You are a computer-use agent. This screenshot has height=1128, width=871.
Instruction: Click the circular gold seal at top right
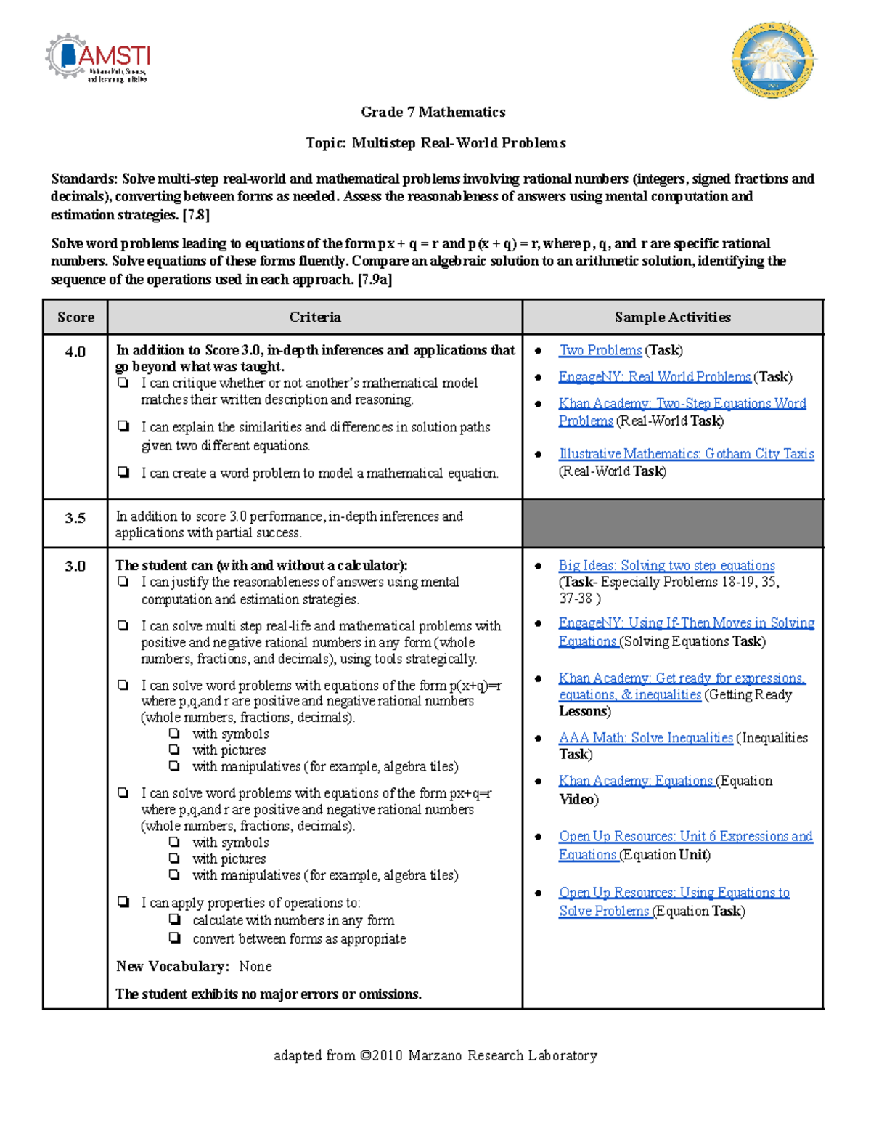pos(772,60)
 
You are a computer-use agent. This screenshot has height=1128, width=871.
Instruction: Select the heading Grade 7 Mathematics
pos(433,112)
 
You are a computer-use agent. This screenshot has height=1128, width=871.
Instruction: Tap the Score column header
pos(75,317)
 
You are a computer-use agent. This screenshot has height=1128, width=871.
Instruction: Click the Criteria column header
pos(314,317)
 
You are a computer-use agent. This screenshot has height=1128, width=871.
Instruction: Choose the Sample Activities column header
pos(672,317)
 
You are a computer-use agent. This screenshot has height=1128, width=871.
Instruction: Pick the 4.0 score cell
pos(75,352)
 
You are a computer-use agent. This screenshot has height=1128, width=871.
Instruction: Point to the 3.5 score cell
pos(75,518)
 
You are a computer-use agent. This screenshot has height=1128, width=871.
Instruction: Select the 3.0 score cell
pos(75,566)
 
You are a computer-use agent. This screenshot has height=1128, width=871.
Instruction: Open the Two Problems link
pos(600,350)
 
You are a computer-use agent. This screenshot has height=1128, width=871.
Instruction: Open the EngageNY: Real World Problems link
pos(654,376)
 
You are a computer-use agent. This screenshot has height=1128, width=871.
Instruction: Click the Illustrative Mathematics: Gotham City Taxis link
pos(686,454)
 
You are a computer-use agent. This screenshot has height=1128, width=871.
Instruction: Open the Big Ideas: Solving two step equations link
pos(666,565)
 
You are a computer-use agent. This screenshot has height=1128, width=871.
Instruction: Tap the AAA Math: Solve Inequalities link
pos(645,737)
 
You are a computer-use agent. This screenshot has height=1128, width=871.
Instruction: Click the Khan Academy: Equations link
pos(636,781)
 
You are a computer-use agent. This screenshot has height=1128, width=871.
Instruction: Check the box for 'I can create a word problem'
pos(123,473)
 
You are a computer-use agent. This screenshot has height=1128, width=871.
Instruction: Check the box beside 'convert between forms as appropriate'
pos(175,938)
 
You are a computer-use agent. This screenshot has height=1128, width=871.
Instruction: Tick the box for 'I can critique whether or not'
pos(123,382)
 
